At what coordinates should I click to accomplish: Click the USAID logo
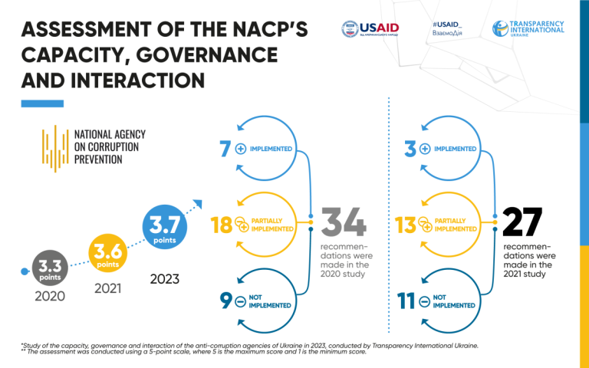tap(370, 28)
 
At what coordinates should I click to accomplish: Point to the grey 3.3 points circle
tap(49, 271)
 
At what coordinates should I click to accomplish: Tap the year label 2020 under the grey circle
tap(50, 296)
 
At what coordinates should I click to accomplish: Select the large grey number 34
tap(343, 222)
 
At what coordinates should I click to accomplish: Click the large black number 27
tap(522, 222)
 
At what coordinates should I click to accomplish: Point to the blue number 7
tap(225, 149)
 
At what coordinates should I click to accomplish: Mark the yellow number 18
tap(221, 225)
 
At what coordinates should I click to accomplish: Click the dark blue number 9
tap(225, 301)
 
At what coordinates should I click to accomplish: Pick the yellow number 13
tap(405, 225)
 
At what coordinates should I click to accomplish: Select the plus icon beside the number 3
tap(425, 149)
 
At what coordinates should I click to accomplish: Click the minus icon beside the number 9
tap(241, 301)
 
